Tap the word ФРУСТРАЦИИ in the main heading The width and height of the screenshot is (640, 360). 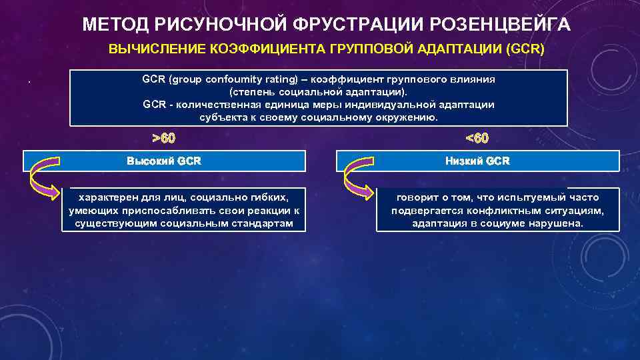pyautogui.click(x=355, y=25)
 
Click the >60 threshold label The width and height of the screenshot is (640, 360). pyautogui.click(x=164, y=139)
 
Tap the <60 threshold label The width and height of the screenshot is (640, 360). pyautogui.click(x=477, y=139)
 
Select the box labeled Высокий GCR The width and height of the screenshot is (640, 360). pyautogui.click(x=164, y=161)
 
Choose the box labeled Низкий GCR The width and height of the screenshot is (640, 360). pyautogui.click(x=477, y=161)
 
